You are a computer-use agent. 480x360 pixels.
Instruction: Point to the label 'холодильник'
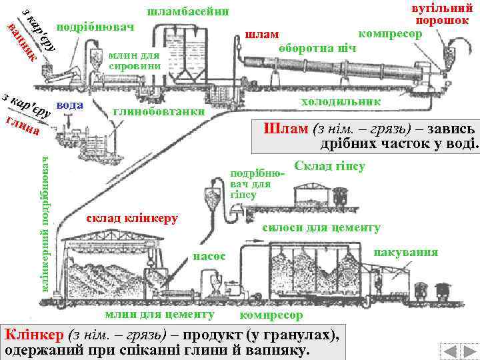click(341, 101)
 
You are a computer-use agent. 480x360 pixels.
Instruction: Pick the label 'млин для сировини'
click(135, 61)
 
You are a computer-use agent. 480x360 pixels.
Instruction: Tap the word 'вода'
click(70, 105)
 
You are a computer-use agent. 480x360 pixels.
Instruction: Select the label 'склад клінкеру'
click(128, 219)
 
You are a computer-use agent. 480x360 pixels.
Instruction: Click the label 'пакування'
click(406, 252)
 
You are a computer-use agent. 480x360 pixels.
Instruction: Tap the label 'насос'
click(209, 255)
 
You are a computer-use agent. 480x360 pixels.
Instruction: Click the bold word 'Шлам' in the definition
click(283, 129)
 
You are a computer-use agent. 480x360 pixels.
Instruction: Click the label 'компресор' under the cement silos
click(271, 314)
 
